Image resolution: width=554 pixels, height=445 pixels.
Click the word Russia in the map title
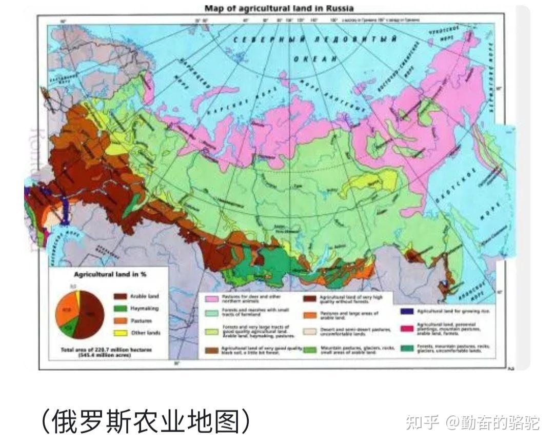[x=339, y=8]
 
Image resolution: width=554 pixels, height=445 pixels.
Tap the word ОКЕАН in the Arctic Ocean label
[x=316, y=59]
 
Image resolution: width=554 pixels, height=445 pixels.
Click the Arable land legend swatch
[x=121, y=296]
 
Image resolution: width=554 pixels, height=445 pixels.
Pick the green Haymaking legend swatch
[x=121, y=309]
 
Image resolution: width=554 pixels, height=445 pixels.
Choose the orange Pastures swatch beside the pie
[x=121, y=321]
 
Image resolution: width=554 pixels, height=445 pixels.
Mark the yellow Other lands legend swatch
[x=121, y=333]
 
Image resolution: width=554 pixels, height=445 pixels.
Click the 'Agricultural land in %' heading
[x=110, y=275]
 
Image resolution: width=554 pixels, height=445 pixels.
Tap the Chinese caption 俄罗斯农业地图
[x=146, y=421]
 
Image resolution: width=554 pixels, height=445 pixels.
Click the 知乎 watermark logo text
[x=422, y=422]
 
